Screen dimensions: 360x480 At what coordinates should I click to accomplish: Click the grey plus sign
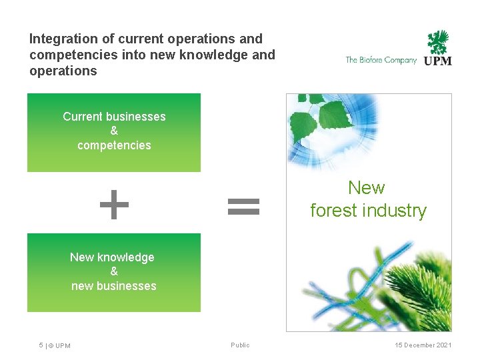(114, 205)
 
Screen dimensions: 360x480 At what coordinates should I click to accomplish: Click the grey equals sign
(243, 205)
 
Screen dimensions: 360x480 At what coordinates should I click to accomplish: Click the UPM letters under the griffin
(438, 61)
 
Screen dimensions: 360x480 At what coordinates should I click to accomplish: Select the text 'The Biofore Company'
(381, 60)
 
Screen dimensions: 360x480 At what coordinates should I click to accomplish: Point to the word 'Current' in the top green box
(83, 117)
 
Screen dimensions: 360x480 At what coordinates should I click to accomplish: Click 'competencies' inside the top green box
(114, 145)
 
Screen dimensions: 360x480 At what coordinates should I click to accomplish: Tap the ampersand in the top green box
(114, 131)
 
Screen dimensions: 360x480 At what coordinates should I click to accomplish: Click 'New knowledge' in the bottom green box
(112, 257)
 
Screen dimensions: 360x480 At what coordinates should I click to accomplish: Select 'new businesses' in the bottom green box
(114, 286)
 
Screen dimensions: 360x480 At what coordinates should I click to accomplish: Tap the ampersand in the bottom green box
(114, 271)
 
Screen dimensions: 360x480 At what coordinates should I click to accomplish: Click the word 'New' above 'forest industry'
(367, 188)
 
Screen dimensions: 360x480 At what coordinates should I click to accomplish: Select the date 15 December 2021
(423, 345)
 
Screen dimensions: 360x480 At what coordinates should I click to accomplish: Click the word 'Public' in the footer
(240, 345)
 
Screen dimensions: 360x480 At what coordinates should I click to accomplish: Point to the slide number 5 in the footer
(41, 345)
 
